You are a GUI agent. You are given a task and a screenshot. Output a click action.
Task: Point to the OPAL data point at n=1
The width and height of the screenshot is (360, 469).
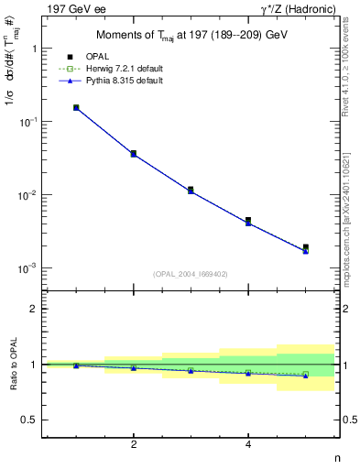(76, 107)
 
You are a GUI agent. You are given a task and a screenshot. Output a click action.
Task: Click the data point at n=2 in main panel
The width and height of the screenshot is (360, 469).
(134, 153)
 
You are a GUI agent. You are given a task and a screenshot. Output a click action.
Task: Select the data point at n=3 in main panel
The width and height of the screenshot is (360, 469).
(191, 190)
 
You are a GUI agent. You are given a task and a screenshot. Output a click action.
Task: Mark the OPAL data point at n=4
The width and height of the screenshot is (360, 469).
(248, 220)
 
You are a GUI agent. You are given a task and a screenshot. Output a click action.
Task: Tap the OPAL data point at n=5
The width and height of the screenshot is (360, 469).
(305, 247)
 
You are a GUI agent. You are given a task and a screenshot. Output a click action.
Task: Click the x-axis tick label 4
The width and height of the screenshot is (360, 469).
(248, 444)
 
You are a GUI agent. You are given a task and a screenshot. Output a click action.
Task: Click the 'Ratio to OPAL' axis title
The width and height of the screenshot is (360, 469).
(12, 364)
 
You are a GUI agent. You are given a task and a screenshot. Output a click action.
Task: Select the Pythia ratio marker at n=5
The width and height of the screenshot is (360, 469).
(305, 376)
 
